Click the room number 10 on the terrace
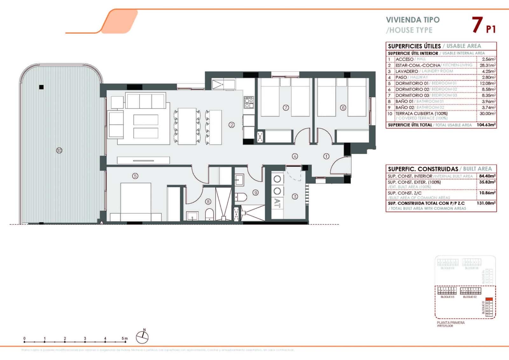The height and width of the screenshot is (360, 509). pyautogui.click(x=59, y=150)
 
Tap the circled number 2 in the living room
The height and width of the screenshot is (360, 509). pyautogui.click(x=232, y=125)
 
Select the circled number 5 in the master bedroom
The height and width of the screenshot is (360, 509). pyautogui.click(x=135, y=176)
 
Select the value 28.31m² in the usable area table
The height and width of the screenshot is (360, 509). pyautogui.click(x=488, y=65)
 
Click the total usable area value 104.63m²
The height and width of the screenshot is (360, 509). pyautogui.click(x=486, y=125)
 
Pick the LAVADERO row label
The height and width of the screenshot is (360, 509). pyautogui.click(x=407, y=71)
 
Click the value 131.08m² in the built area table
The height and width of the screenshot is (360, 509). pyautogui.click(x=486, y=203)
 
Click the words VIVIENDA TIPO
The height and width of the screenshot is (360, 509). pyautogui.click(x=413, y=20)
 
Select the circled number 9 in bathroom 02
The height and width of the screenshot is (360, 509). pyautogui.click(x=255, y=192)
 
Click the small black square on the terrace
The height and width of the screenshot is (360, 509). pyautogui.click(x=41, y=87)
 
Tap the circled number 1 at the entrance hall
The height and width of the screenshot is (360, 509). pyautogui.click(x=326, y=156)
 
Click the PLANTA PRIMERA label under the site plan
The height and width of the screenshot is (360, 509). pyautogui.click(x=450, y=322)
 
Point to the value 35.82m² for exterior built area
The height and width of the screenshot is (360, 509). pyautogui.click(x=487, y=182)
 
